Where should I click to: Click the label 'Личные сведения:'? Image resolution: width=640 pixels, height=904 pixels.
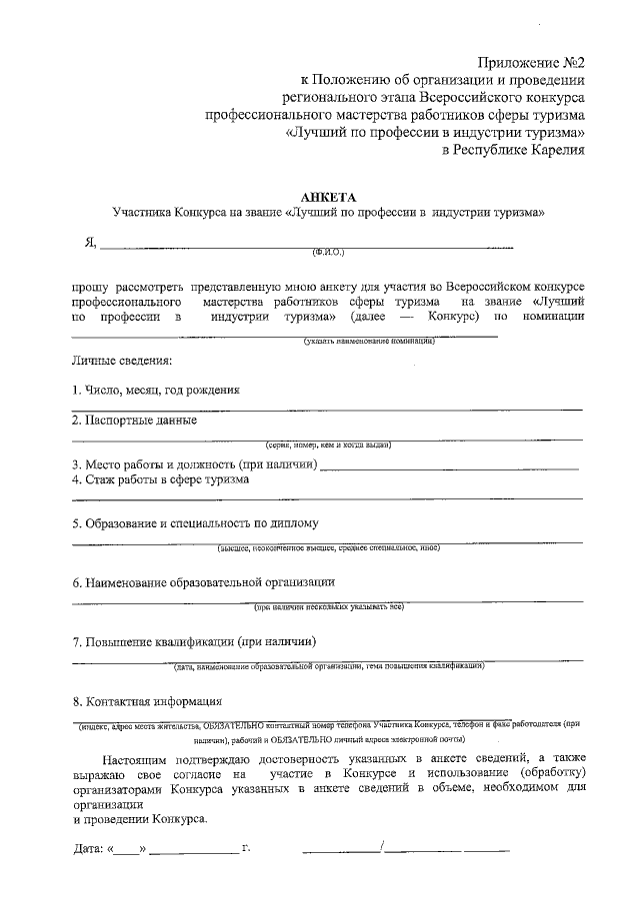tap(122, 360)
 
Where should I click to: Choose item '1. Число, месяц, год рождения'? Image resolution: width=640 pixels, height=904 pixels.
tap(155, 390)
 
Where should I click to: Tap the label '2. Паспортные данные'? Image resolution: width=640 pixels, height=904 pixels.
tap(134, 421)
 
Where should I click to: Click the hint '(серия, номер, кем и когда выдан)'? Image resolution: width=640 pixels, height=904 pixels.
tap(327, 445)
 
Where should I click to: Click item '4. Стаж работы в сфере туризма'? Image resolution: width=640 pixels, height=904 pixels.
tap(160, 479)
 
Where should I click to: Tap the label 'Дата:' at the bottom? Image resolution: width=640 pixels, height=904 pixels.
tap(89, 850)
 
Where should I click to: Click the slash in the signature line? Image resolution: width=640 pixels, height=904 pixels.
tap(383, 848)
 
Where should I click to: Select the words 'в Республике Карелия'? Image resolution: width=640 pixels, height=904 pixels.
tap(512, 150)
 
